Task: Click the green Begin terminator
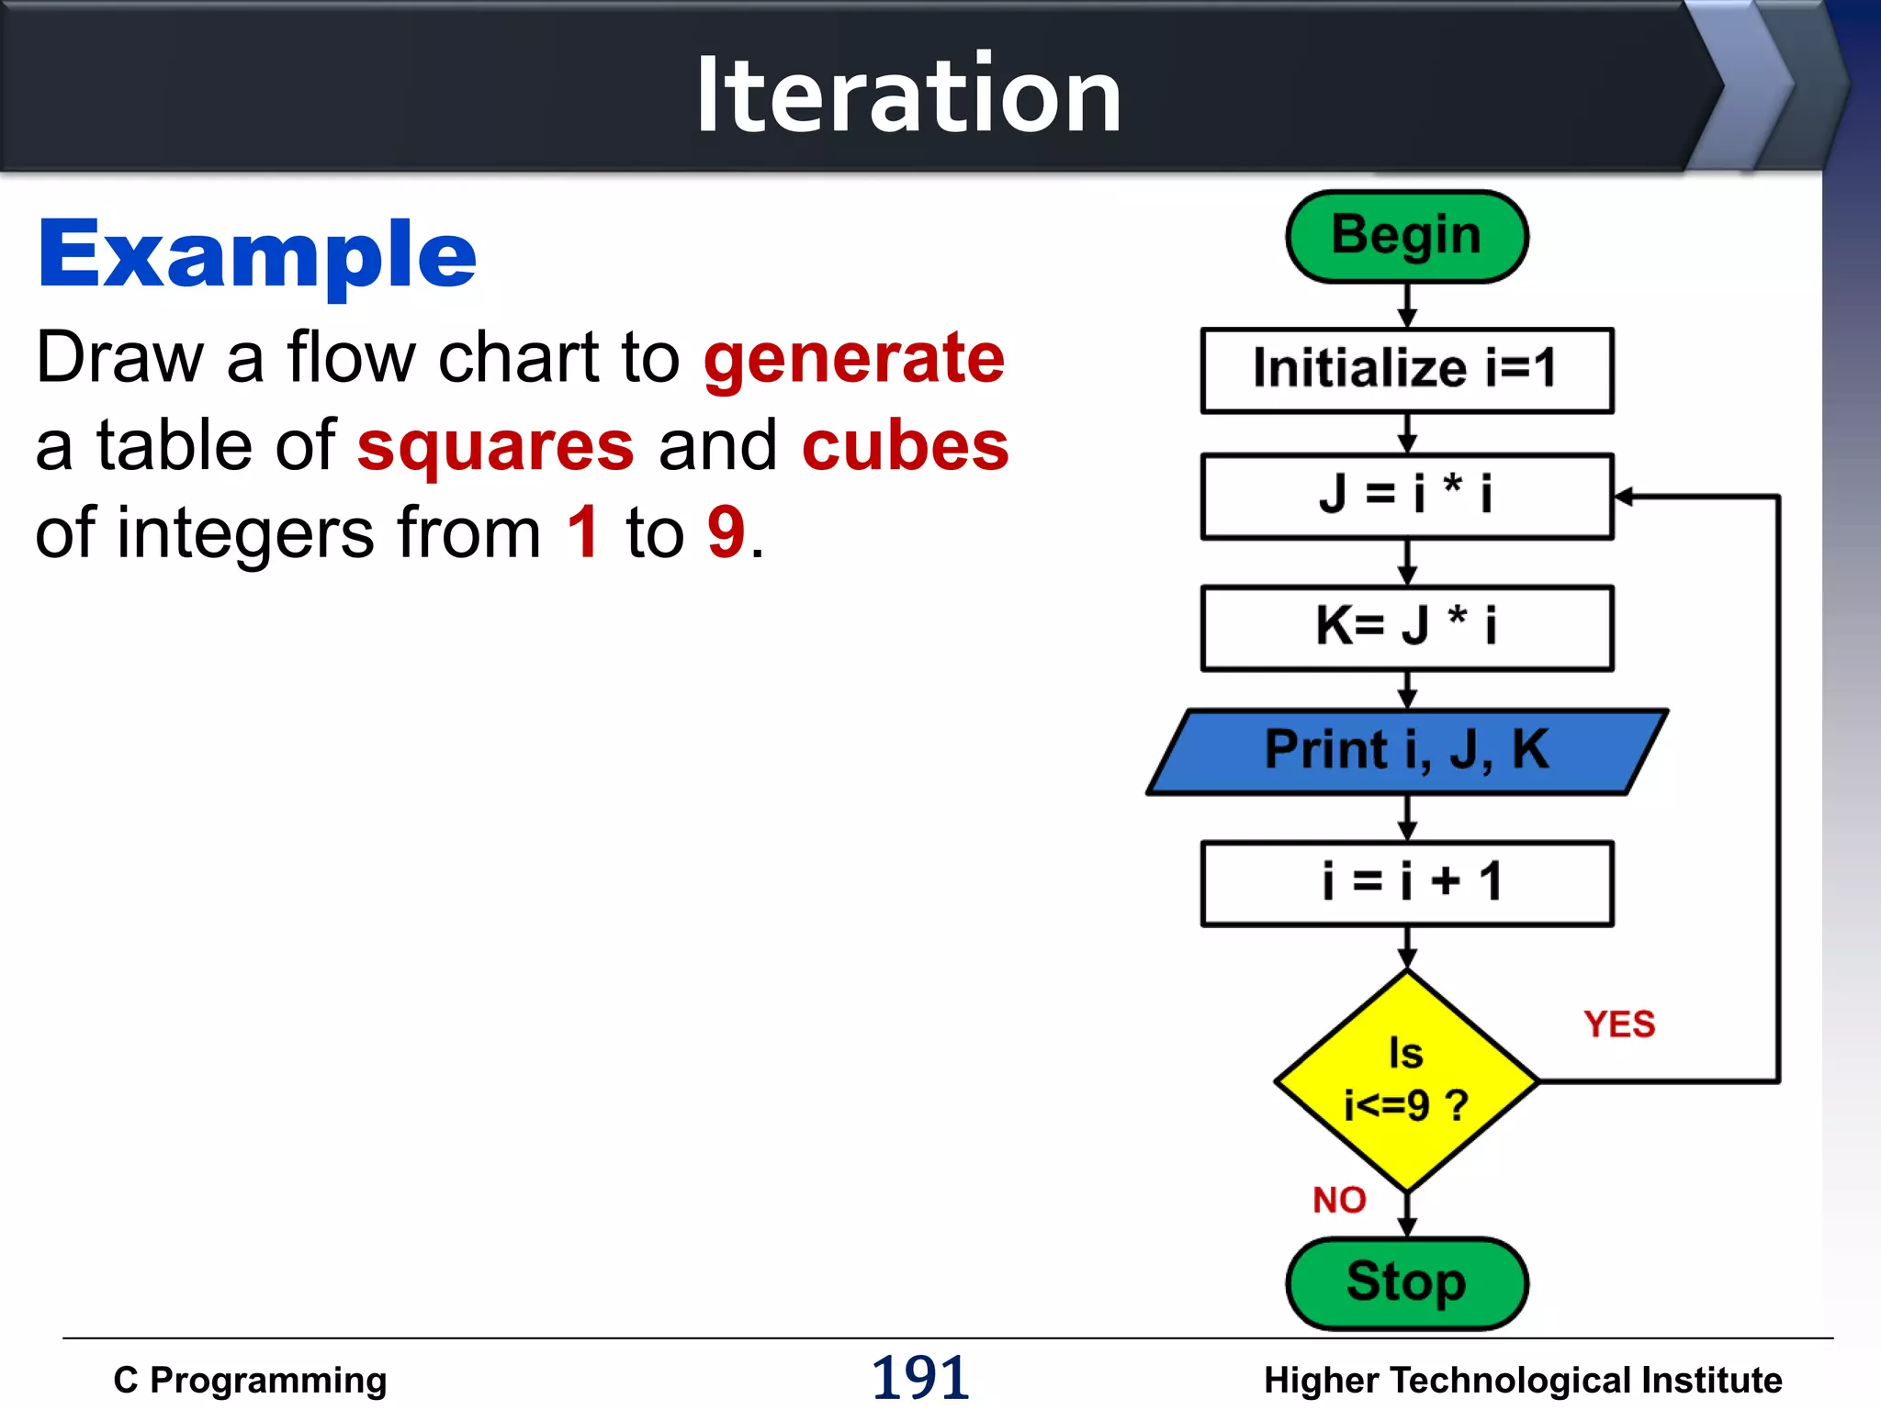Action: click(1406, 236)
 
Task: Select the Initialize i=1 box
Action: click(1406, 370)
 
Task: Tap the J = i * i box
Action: click(1406, 496)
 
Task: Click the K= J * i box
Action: click(1406, 628)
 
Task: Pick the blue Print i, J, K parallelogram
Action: click(1406, 751)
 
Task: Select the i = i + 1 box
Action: click(1406, 883)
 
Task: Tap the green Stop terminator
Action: click(1406, 1282)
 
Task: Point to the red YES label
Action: click(1619, 1024)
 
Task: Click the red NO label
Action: click(1339, 1200)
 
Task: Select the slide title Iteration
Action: click(908, 94)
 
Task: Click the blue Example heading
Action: click(257, 254)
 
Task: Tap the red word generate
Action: click(854, 358)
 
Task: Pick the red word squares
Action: click(495, 446)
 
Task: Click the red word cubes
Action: click(905, 446)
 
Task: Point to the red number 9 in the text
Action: click(726, 532)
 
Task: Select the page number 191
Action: click(920, 1378)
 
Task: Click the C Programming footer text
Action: click(250, 1380)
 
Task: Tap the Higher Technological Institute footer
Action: click(1522, 1380)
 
